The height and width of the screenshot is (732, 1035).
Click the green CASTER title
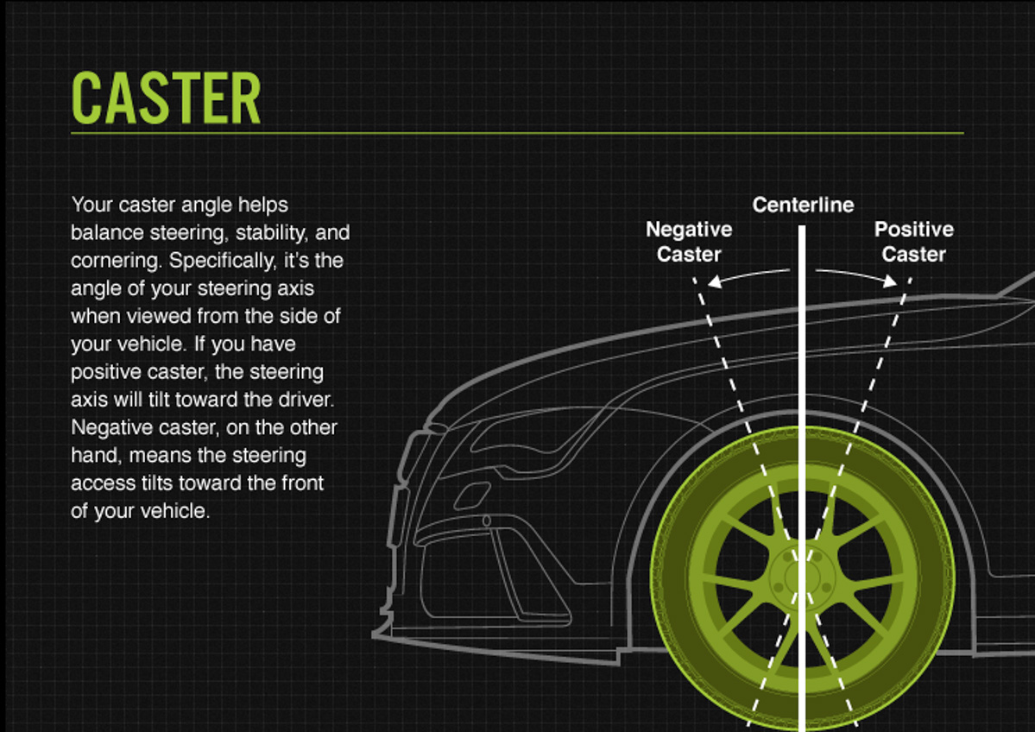point(166,98)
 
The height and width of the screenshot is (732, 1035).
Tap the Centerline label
point(803,205)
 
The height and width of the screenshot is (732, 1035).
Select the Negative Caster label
point(689,242)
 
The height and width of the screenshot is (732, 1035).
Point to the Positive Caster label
point(913,242)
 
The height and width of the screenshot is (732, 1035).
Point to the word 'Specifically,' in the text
point(225,261)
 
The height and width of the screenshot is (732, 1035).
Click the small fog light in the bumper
point(472,495)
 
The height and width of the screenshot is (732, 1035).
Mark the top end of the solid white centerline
point(803,229)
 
